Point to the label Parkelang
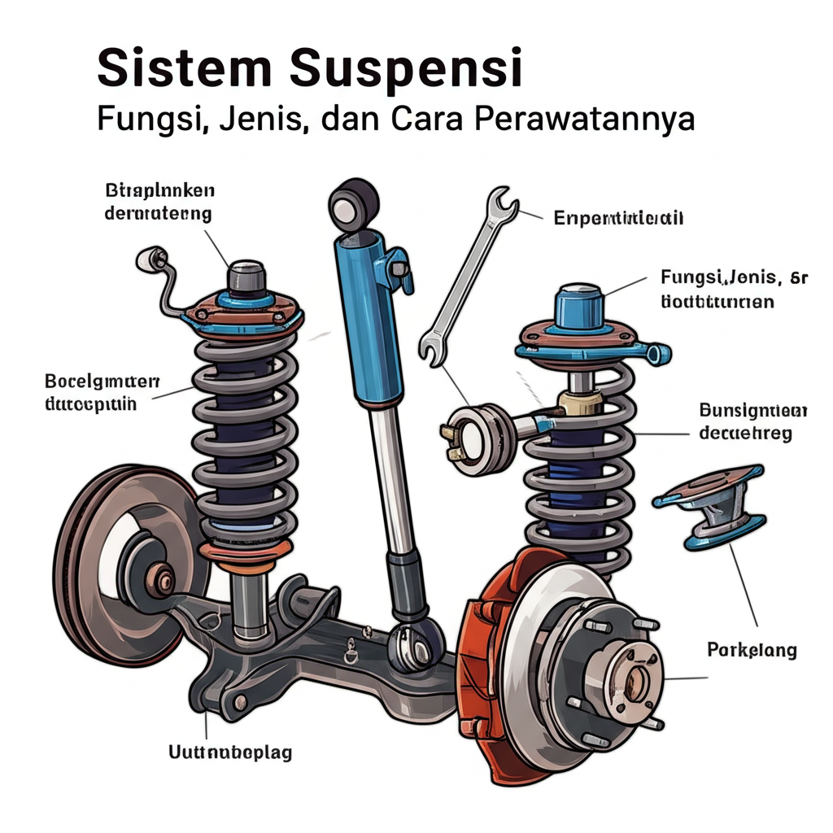pyautogui.click(x=752, y=650)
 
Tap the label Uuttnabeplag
pyautogui.click(x=229, y=752)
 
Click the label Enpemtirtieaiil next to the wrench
pyautogui.click(x=617, y=218)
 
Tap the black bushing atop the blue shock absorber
pyautogui.click(x=355, y=201)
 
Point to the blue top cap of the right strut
pyautogui.click(x=578, y=308)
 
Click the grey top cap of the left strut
pyautogui.click(x=246, y=279)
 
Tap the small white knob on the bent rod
pyautogui.click(x=149, y=259)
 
